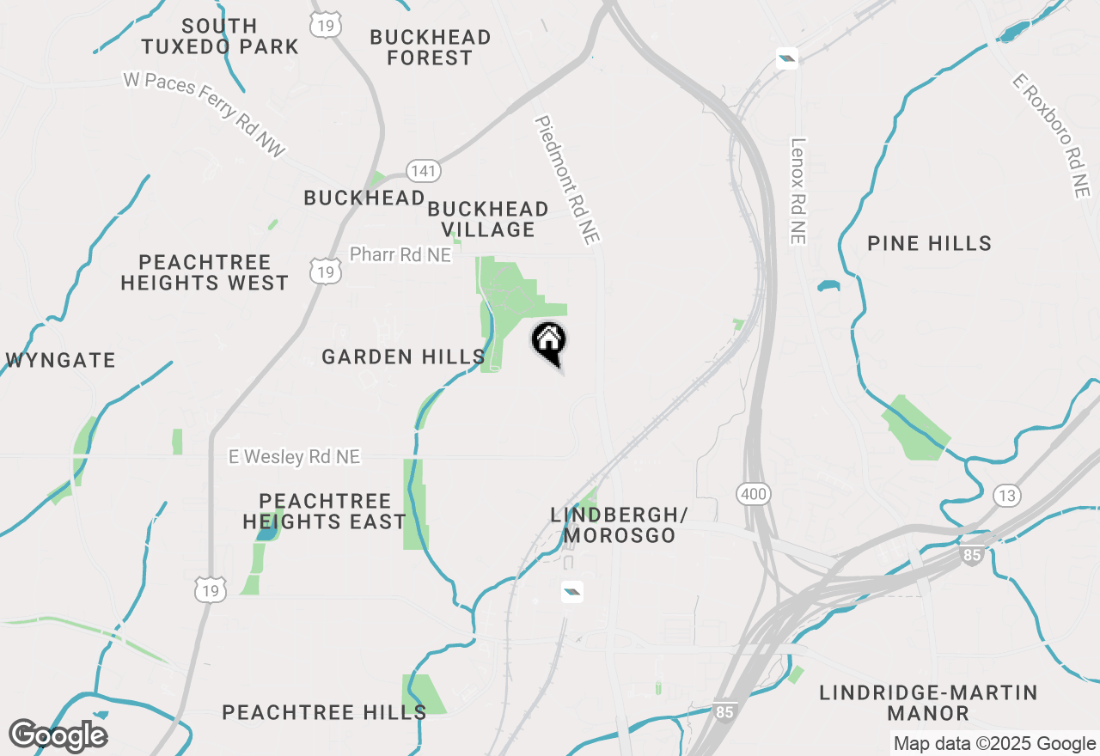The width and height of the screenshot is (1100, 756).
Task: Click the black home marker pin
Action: click(549, 341)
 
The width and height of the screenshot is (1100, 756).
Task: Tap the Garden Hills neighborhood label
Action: click(403, 357)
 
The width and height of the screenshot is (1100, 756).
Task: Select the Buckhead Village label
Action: click(488, 219)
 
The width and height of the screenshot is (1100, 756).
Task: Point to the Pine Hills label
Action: click(929, 244)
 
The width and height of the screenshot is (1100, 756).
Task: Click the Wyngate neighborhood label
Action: click(60, 360)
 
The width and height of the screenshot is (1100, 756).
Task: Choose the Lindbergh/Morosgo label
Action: click(619, 525)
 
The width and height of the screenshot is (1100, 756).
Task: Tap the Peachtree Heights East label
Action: click(324, 511)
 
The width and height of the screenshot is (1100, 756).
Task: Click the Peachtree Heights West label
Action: click(205, 272)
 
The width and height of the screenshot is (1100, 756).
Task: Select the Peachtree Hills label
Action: click(324, 712)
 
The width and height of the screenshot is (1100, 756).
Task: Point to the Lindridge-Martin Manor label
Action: click(928, 703)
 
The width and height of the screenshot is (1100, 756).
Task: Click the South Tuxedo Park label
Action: click(220, 36)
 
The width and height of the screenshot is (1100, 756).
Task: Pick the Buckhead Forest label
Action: click(431, 47)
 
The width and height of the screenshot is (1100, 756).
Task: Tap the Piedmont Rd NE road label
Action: click(566, 180)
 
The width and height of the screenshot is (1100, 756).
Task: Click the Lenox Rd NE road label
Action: click(798, 191)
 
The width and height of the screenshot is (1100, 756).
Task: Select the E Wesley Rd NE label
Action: click(294, 457)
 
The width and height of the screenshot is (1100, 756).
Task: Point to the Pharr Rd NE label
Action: click(400, 255)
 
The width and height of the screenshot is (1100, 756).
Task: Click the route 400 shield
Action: click(753, 494)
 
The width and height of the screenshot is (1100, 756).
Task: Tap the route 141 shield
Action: click(424, 171)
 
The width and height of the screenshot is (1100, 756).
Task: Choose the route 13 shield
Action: click(1006, 496)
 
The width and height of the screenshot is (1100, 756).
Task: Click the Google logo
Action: click(58, 736)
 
